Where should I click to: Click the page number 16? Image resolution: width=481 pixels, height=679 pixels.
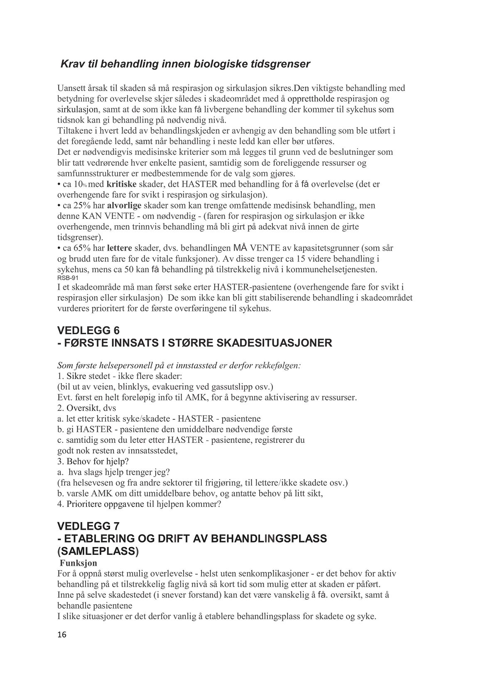pos(61,635)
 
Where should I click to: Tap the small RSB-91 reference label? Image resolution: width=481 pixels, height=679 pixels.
pos(66,278)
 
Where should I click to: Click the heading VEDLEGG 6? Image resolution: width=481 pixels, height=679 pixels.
pos(88,330)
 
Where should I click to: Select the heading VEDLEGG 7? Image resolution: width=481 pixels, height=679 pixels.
pos(88,526)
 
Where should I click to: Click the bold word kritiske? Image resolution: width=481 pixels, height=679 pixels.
pos(123,184)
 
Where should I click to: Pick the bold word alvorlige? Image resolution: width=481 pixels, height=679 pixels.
pos(125,205)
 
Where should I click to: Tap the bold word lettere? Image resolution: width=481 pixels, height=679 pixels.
pos(119,248)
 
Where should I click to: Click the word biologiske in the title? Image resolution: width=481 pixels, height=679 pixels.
pos(215,64)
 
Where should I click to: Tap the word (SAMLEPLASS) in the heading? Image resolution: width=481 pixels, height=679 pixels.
pos(98,551)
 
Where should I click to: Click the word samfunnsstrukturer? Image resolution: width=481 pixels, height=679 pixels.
pos(91,173)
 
